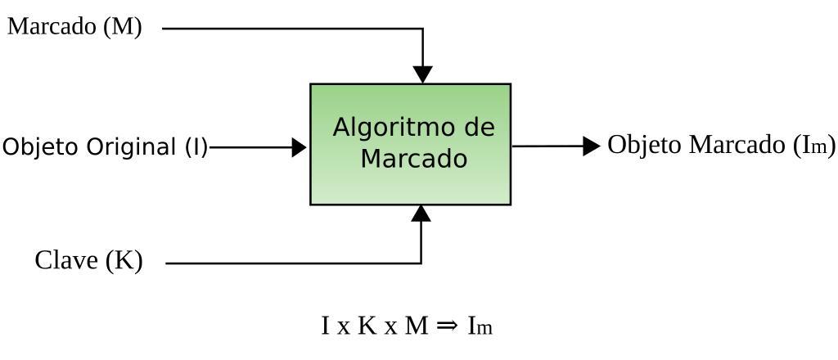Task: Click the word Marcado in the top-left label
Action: pyautogui.click(x=52, y=27)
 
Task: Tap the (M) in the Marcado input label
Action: pyautogui.click(x=123, y=27)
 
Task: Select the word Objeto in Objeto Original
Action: pyautogui.click(x=38, y=147)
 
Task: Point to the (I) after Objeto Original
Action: pyautogui.click(x=196, y=147)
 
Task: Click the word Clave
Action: pyautogui.click(x=68, y=261)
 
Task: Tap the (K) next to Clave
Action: pyautogui.click(x=124, y=261)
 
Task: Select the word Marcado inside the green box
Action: pyautogui.click(x=414, y=158)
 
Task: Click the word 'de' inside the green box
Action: pyautogui.click(x=478, y=128)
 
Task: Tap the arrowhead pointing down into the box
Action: pyautogui.click(x=422, y=74)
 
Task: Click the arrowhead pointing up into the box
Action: pyautogui.click(x=421, y=214)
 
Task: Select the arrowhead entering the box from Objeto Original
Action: pyautogui.click(x=299, y=147)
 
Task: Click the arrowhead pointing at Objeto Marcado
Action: pyautogui.click(x=592, y=146)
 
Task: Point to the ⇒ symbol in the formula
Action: pyautogui.click(x=447, y=326)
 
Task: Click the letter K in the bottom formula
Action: pyautogui.click(x=367, y=326)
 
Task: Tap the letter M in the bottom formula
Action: pyautogui.click(x=417, y=326)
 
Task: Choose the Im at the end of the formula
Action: pyautogui.click(x=480, y=326)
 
